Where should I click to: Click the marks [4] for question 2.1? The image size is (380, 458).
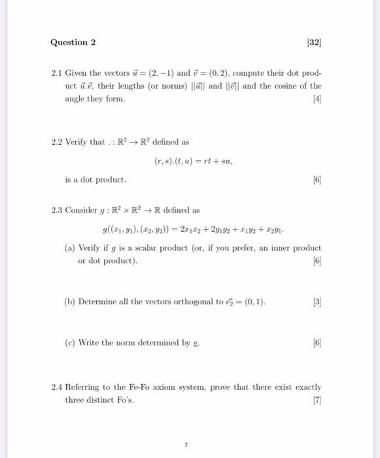(x=317, y=99)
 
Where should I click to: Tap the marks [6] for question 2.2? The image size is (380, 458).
(x=317, y=179)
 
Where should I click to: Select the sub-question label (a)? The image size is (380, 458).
(x=69, y=248)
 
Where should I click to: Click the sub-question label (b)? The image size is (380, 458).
(x=69, y=302)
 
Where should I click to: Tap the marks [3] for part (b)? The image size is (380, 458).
(x=317, y=302)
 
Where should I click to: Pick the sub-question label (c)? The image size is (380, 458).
(x=69, y=342)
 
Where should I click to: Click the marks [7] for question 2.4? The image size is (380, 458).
(x=317, y=400)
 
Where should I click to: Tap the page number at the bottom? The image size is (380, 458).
(x=186, y=444)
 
